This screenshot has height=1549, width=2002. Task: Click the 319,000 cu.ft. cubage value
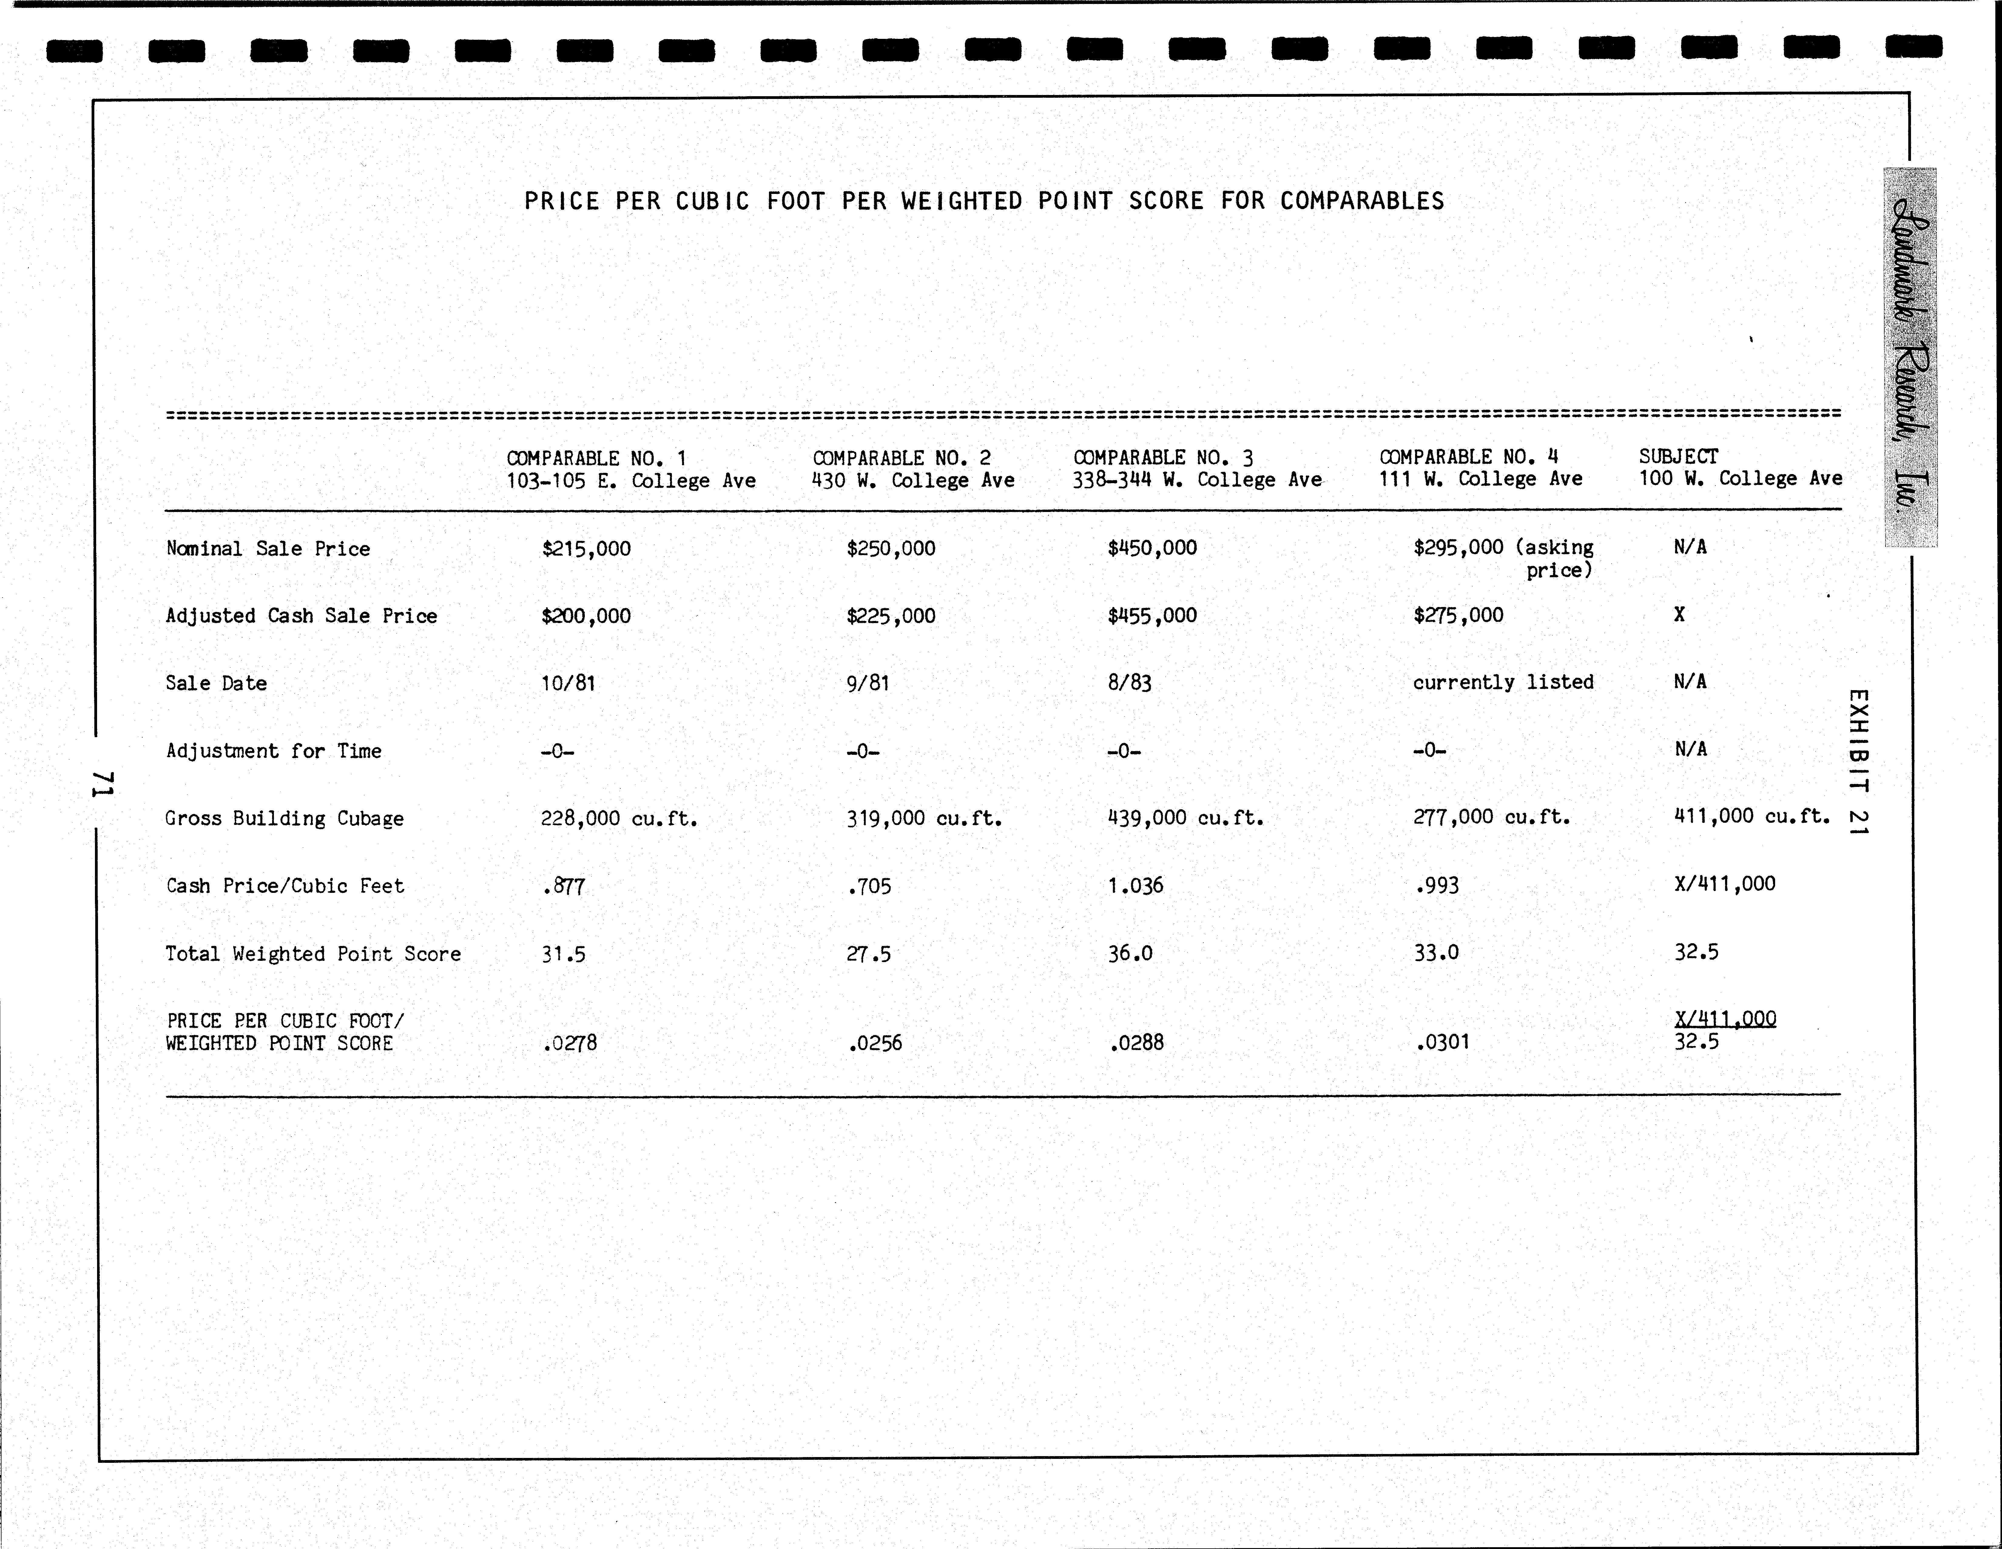click(x=923, y=818)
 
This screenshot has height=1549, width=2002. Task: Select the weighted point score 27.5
click(x=868, y=954)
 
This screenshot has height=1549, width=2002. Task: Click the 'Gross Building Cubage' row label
click(x=284, y=818)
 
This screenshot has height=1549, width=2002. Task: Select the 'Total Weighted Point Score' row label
click(x=312, y=954)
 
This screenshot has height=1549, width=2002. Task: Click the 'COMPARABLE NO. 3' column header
click(x=1162, y=457)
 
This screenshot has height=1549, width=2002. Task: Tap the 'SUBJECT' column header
click(x=1678, y=456)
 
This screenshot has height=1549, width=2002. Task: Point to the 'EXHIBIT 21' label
click(x=1857, y=761)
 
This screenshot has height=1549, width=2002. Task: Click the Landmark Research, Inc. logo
click(x=1911, y=358)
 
